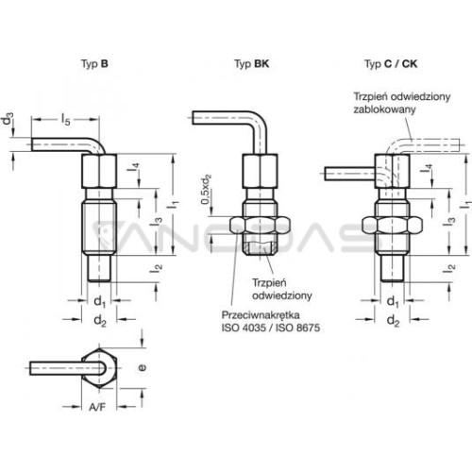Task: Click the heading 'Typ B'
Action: point(94,64)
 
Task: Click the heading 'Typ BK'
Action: point(251,64)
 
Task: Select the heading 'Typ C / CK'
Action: point(391,64)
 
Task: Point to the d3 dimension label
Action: point(8,121)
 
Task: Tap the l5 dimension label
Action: point(65,120)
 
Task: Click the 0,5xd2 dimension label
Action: point(206,190)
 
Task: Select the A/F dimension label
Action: point(97,407)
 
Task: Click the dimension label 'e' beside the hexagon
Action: point(143,367)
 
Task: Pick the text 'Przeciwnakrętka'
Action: point(261,315)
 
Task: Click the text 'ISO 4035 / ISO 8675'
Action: point(271,328)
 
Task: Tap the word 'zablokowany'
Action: point(384,110)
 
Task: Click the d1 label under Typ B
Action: point(100,302)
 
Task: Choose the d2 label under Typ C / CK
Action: point(393,321)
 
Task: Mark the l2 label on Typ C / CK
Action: point(451,268)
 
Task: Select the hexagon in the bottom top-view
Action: point(99,367)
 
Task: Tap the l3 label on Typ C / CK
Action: point(449,221)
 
